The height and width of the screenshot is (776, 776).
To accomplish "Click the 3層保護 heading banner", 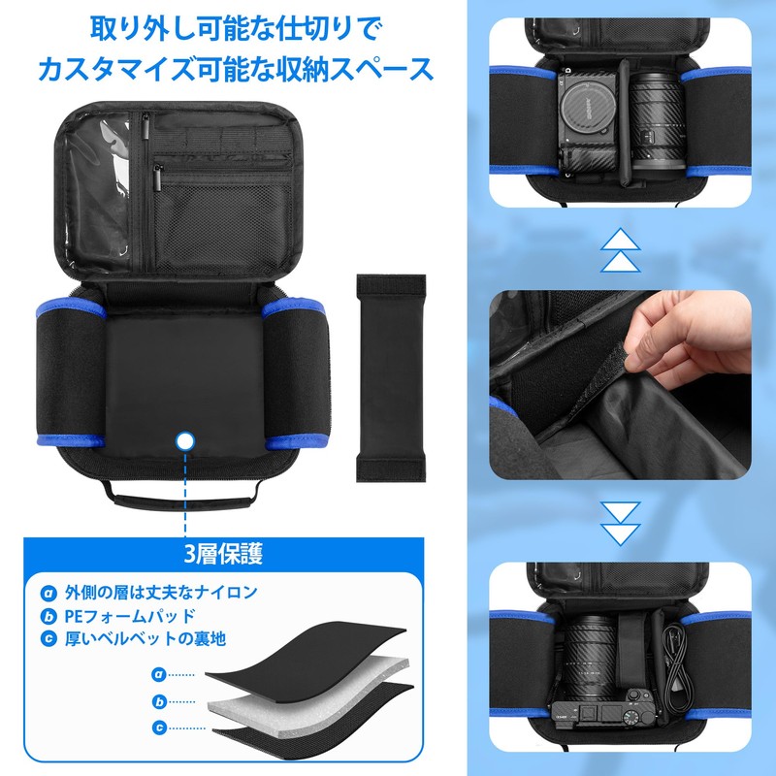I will pyautogui.click(x=224, y=555).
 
